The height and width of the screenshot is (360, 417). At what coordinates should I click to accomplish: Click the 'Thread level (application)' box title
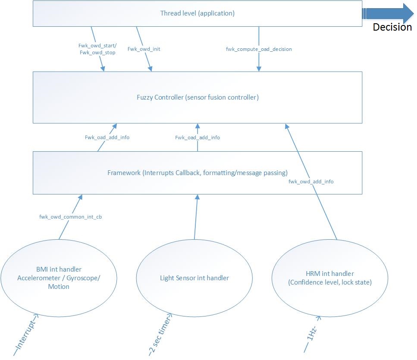pos(198,13)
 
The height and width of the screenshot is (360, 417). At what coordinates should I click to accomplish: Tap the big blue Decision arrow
pos(388,13)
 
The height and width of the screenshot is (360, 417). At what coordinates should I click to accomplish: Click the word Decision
pos(392,27)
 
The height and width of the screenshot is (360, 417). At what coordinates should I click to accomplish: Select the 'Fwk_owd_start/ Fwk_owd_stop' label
pos(97,49)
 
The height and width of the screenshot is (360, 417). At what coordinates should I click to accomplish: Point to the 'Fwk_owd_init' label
pos(144,49)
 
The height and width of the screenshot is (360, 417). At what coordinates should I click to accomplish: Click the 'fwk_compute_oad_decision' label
pos(259,49)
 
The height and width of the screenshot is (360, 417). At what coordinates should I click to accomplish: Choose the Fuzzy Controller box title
pos(198,97)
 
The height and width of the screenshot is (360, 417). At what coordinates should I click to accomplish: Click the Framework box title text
pos(198,173)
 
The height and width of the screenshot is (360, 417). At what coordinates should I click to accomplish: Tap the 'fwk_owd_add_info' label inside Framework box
pos(311,182)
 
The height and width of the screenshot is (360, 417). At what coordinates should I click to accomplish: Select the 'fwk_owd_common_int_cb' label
pos(70,217)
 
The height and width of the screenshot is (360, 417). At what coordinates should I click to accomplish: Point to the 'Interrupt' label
pos(25,335)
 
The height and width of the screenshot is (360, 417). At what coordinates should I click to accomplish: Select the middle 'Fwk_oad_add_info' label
pos(198,138)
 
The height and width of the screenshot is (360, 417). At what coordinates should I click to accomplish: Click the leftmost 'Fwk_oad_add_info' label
pos(107,138)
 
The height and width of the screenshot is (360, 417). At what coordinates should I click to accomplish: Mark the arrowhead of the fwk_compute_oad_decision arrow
pos(259,69)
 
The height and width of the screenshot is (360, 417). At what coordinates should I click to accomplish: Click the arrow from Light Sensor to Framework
pos(196,217)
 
